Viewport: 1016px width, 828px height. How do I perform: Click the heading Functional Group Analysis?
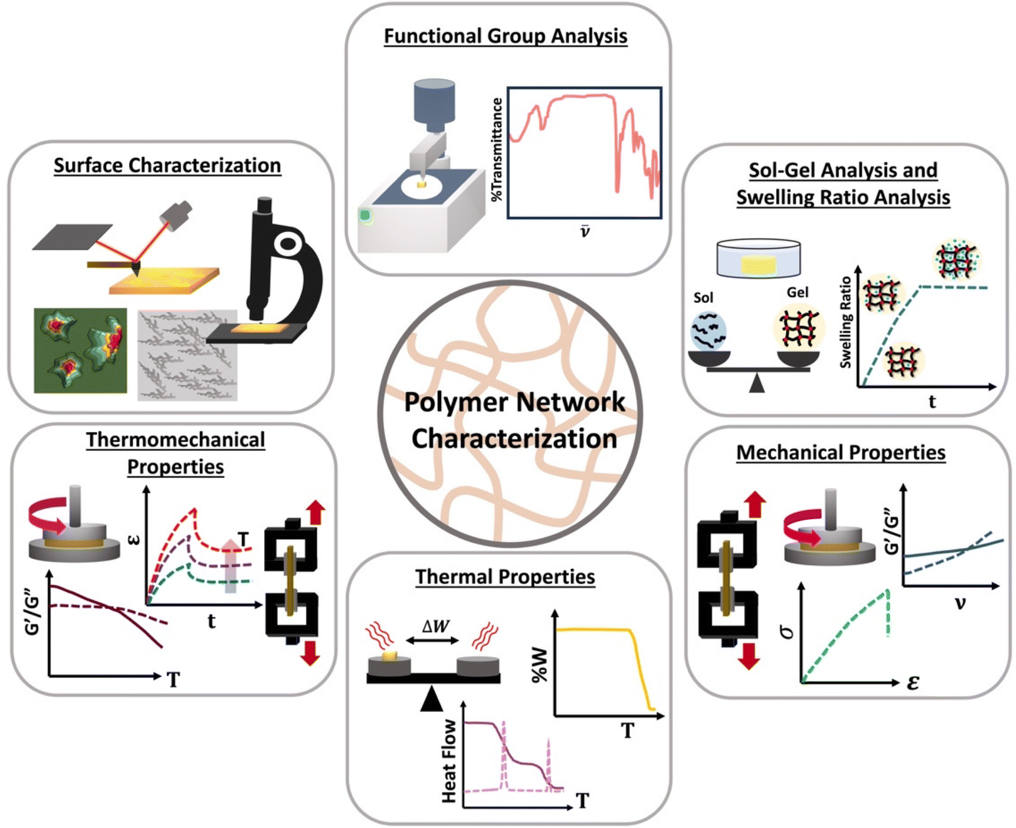[505, 36]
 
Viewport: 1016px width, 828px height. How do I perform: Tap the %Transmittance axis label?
[498, 149]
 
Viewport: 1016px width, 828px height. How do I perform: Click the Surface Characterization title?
[167, 165]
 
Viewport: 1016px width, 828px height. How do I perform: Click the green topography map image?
[81, 351]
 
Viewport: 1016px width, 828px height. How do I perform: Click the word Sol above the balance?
[703, 298]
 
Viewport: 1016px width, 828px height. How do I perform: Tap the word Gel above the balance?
[797, 292]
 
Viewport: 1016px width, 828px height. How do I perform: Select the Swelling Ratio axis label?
[846, 322]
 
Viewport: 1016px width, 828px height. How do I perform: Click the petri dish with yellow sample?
[758, 258]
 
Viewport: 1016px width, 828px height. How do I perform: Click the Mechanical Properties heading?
[840, 452]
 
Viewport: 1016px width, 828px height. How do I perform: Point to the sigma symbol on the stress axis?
[787, 632]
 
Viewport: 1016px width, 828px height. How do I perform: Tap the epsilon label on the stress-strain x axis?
[913, 683]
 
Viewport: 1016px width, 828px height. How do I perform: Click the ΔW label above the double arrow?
[435, 626]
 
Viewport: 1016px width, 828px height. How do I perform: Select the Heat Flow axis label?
[449, 761]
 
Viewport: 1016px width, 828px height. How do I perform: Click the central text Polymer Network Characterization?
[514, 420]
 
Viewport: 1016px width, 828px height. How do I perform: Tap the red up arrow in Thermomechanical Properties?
[316, 511]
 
